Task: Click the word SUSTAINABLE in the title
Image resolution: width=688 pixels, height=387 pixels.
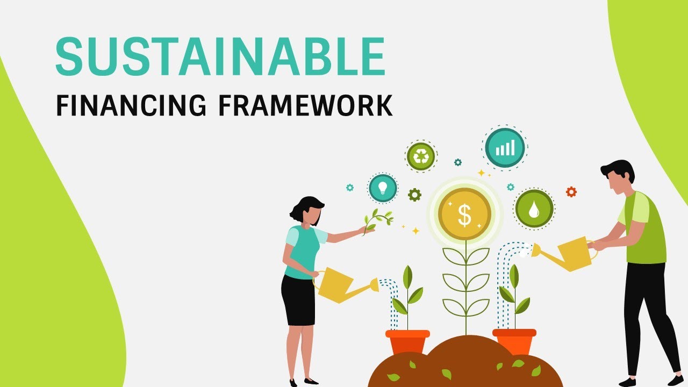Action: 220,56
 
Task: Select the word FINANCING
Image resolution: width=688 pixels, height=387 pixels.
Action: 131,106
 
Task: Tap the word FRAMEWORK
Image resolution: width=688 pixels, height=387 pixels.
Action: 305,106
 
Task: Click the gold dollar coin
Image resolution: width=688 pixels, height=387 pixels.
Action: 464,214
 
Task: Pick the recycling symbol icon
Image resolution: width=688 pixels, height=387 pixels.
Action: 420,156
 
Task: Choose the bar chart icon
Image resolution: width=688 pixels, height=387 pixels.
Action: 505,147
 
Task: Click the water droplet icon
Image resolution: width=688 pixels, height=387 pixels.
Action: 534,209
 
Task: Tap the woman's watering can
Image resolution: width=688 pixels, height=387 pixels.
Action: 336,285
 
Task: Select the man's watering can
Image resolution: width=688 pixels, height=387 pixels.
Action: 571,253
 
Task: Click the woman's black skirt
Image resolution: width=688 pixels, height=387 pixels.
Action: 298,300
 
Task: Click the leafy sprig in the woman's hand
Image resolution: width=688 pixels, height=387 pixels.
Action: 378,219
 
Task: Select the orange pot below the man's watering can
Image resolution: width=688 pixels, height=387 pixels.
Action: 514,341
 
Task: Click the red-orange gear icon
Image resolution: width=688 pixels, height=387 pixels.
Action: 571,191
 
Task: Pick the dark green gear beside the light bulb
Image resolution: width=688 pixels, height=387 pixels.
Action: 414,195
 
